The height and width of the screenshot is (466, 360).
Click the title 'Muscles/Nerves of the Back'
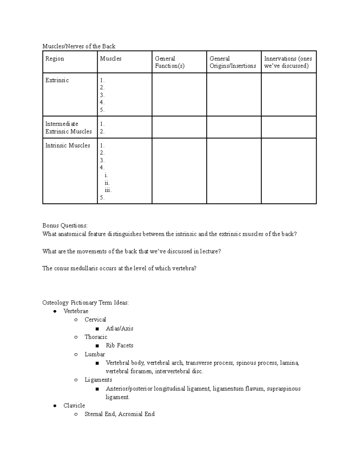pos(79,46)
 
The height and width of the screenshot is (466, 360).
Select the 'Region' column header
pos(55,59)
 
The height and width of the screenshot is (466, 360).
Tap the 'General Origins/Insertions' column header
pos(233,62)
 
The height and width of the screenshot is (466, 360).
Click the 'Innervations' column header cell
pos(288,62)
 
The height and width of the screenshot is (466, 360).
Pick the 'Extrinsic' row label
pos(57,80)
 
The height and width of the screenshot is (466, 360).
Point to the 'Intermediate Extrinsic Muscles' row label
pos(68,128)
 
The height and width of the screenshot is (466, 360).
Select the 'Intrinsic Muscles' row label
pos(67,146)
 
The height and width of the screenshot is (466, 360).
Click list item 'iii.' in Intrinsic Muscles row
pos(108,190)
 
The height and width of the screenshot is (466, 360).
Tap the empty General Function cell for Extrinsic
pos(179,95)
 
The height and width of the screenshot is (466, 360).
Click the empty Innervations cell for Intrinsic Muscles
pos(289,171)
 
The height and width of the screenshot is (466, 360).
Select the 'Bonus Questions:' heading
pos(65,226)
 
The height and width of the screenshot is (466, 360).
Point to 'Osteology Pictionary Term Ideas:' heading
pos(85,302)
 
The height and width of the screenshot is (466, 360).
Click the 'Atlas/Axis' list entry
pos(119,329)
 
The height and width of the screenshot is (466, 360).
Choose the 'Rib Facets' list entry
pos(119,346)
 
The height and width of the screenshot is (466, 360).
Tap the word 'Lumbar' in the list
pos(95,354)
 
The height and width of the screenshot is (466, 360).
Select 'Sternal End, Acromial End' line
pos(119,414)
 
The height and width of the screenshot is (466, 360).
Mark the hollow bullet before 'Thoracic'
pos(76,337)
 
